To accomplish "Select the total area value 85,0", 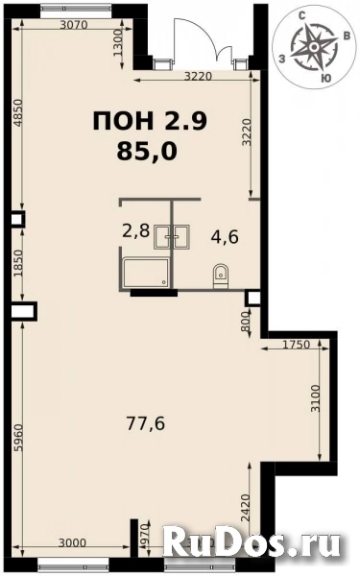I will click(x=148, y=150).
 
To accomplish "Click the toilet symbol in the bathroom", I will click(x=221, y=273).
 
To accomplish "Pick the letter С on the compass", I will click(x=302, y=15).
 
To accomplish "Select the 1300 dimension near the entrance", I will click(x=117, y=43).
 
